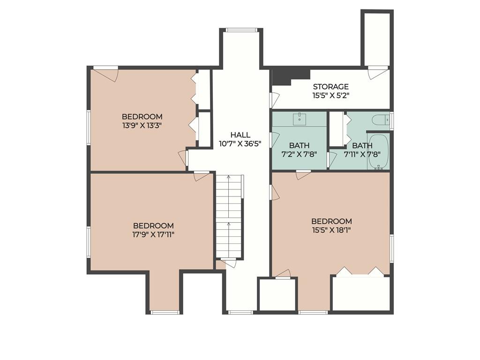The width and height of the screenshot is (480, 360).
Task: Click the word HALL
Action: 240,135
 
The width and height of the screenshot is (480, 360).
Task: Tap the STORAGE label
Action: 330,87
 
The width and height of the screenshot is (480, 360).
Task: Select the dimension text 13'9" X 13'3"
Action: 142,126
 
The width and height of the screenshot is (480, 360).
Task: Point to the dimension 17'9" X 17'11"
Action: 153,234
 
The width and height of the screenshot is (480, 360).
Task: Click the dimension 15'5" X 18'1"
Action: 331,230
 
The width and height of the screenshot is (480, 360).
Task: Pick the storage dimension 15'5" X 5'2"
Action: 330,95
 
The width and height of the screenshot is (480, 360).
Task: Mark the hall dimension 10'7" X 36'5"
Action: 240,144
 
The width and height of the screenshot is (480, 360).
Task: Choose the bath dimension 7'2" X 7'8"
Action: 299,154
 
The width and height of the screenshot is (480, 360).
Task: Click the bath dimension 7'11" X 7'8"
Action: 362,154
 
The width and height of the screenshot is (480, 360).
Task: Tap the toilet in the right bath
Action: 381,120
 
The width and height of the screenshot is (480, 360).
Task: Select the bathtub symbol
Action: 378,151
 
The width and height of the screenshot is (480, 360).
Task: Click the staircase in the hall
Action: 229,216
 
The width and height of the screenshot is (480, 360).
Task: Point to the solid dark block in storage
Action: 288,75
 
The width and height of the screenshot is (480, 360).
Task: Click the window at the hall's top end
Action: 241,30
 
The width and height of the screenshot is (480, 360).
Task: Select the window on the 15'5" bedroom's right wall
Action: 391,248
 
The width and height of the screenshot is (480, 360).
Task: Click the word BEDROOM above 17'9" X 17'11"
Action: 153,225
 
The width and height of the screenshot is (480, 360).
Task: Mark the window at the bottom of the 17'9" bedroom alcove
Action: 165,312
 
